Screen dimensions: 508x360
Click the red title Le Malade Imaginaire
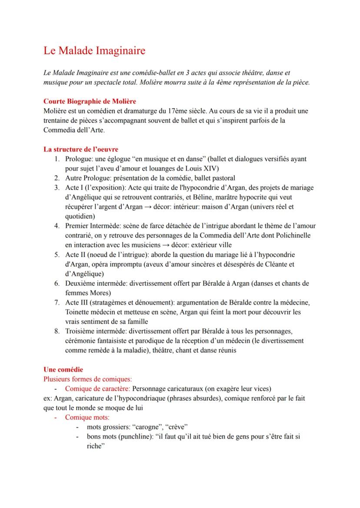tap(94, 51)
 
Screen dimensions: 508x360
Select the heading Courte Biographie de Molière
tap(90, 101)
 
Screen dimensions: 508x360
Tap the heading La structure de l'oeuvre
tap(81, 149)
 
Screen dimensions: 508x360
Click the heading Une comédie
tap(63, 369)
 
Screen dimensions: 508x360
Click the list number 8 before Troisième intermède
tap(57, 331)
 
